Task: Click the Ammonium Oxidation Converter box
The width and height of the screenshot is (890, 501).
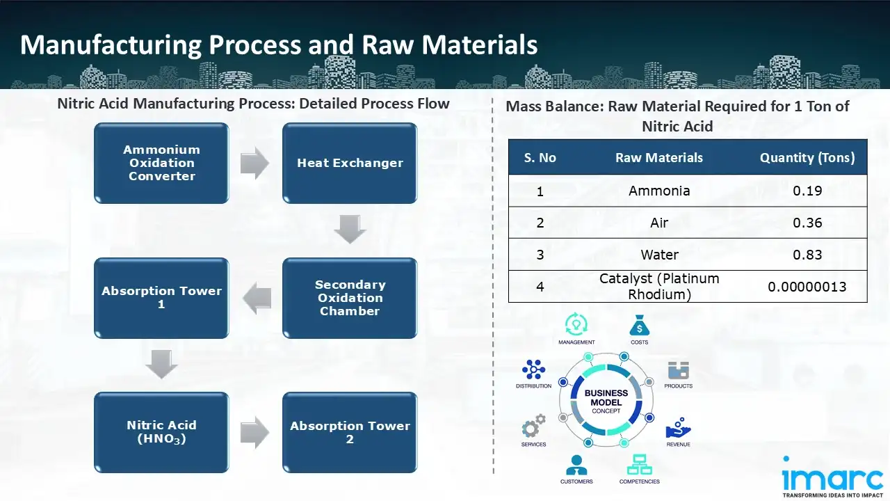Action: click(x=161, y=164)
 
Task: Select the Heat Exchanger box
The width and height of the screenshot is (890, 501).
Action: click(x=350, y=164)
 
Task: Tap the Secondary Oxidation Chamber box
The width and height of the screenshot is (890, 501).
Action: click(x=350, y=298)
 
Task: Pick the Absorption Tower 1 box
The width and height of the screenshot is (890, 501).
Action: click(x=161, y=298)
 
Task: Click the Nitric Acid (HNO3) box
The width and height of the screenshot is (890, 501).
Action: click(x=161, y=432)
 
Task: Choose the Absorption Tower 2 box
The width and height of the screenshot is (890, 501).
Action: click(x=350, y=432)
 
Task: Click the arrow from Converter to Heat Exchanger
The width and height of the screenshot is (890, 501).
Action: click(x=254, y=164)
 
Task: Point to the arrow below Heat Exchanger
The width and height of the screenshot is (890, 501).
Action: click(x=350, y=230)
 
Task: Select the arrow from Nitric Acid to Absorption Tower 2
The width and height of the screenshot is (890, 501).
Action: click(x=254, y=432)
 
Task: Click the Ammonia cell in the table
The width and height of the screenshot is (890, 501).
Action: click(x=659, y=191)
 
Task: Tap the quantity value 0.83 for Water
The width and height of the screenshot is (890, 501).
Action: click(x=807, y=255)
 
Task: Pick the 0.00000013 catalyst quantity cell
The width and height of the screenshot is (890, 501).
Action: click(x=807, y=286)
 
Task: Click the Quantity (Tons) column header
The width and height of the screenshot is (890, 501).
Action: click(x=807, y=158)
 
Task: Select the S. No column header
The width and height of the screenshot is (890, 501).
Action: click(x=540, y=158)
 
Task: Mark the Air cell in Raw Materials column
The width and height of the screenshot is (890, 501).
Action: click(x=659, y=223)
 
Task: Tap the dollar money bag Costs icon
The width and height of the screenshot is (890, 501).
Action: click(x=639, y=326)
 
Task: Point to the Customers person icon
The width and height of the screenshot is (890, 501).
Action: click(x=576, y=465)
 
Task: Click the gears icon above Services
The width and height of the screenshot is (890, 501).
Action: click(x=534, y=427)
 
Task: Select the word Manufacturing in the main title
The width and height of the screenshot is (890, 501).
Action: click(x=108, y=45)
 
